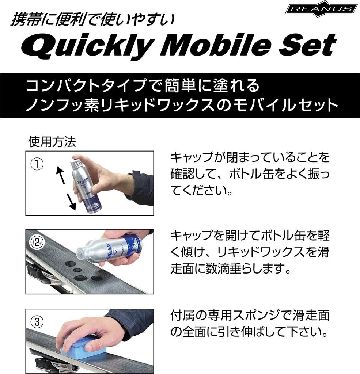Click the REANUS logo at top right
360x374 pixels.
[x=321, y=9]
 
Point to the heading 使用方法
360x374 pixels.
[x=52, y=142]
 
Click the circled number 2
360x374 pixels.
[x=37, y=242]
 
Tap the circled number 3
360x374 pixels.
[x=37, y=322]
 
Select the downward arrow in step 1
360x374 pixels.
[x=70, y=201]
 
